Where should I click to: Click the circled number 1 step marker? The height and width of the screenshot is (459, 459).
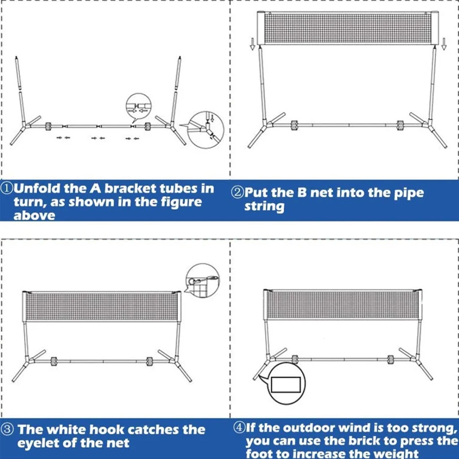coord(7,189)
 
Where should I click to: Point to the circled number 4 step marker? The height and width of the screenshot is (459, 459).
coord(239,427)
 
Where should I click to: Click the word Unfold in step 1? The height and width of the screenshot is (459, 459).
coord(40,188)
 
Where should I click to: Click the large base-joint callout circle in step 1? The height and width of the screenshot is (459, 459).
coord(205,128)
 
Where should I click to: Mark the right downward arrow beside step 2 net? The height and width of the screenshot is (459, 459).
coord(444,42)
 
